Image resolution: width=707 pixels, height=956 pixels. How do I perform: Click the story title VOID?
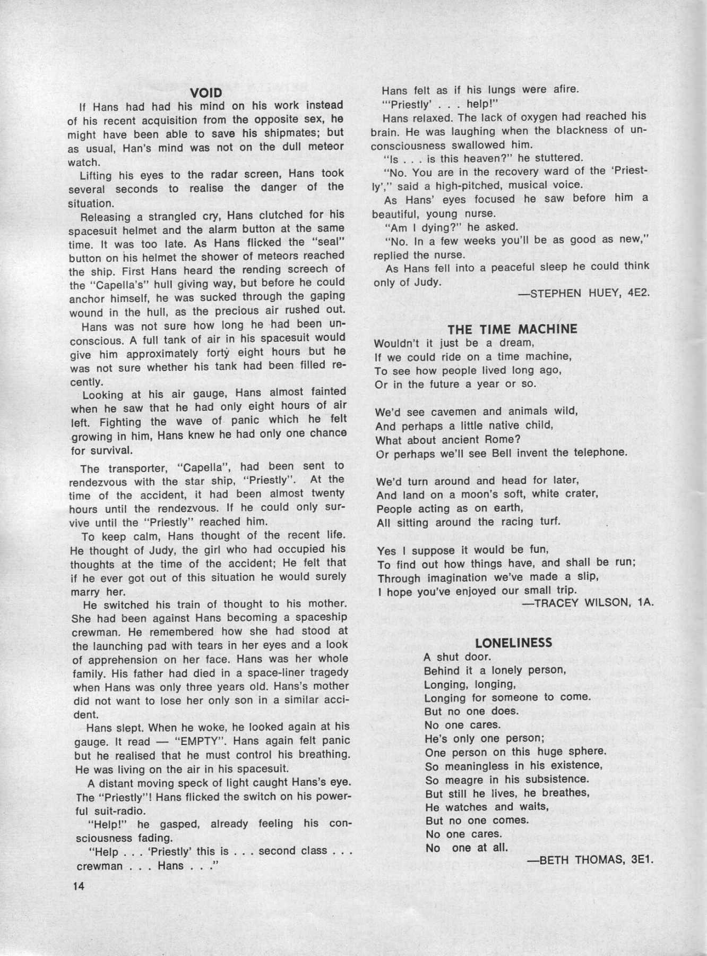pyautogui.click(x=206, y=93)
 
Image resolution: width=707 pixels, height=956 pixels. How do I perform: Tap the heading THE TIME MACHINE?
pyautogui.click(x=512, y=329)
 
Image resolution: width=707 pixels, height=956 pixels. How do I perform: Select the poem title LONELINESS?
pyautogui.click(x=513, y=643)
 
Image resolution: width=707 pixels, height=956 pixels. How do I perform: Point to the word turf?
pyautogui.click(x=549, y=522)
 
